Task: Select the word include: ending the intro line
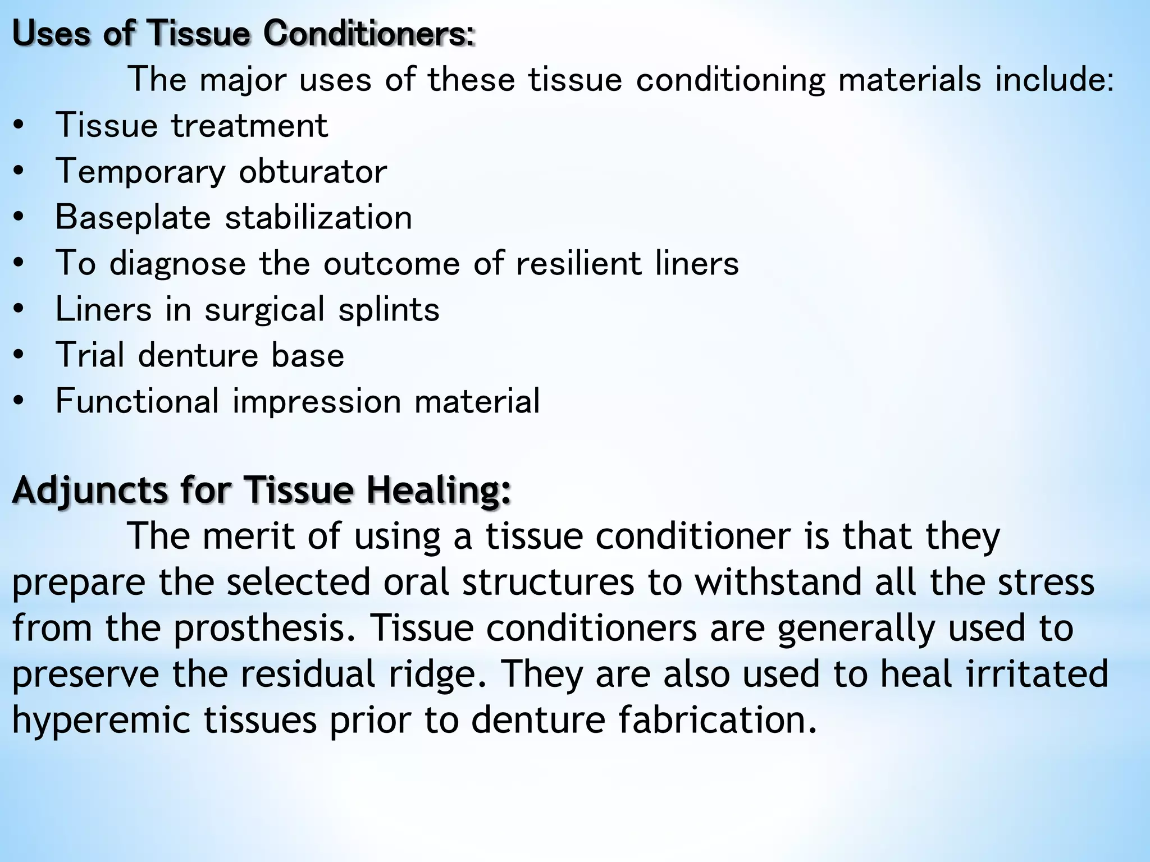click(1054, 80)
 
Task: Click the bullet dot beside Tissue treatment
click(19, 126)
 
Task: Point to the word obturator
click(313, 171)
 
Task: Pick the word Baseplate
click(133, 218)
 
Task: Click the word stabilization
click(318, 218)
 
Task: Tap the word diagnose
click(177, 264)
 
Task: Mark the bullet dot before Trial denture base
click(19, 356)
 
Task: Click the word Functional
click(137, 401)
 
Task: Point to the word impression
click(317, 402)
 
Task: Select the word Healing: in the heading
click(439, 489)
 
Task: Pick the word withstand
click(778, 582)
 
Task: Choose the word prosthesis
click(264, 628)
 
